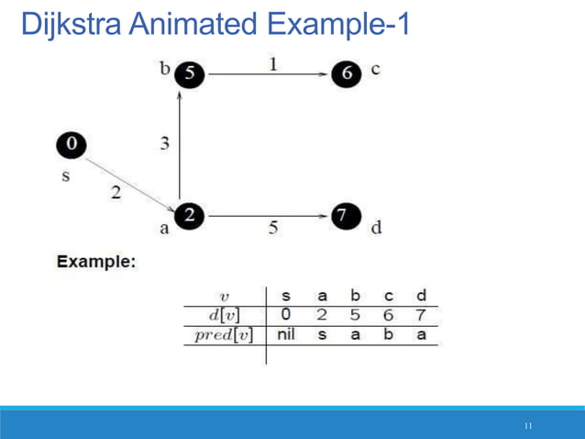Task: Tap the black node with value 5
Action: (190, 73)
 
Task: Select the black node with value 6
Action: (346, 73)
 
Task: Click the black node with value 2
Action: (190, 216)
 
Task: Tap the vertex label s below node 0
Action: (65, 175)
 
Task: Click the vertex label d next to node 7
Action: (376, 228)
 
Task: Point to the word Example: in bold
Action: (96, 262)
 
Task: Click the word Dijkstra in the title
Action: (72, 24)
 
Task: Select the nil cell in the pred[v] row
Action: (286, 334)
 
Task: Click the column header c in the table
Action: (389, 296)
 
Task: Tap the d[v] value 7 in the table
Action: (421, 315)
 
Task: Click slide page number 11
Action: (528, 426)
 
